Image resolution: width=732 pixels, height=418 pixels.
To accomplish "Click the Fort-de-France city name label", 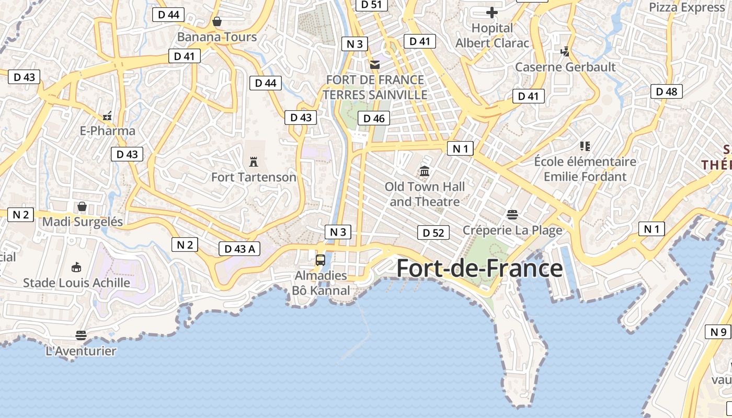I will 479,268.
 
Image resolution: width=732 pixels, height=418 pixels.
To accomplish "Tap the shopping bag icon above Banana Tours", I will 217,21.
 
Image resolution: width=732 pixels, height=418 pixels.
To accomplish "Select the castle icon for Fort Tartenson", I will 254,161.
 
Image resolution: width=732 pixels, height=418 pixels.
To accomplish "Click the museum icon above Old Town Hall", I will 425,171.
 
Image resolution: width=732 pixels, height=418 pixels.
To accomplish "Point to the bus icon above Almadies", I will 321,260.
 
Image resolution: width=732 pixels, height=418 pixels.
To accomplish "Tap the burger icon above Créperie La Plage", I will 512,214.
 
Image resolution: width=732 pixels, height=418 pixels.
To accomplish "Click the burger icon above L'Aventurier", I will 81,335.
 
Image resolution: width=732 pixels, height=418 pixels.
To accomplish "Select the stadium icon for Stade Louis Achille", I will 76,268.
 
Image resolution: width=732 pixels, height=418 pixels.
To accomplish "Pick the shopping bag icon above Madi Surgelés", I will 82,206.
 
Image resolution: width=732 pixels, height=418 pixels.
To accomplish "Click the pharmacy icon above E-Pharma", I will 107,115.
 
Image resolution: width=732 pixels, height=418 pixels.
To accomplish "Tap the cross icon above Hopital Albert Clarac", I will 492,12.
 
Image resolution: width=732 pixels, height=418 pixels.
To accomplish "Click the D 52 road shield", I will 433,233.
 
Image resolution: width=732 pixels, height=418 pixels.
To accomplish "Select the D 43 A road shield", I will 239,249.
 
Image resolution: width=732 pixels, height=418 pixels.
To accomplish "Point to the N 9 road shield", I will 718,332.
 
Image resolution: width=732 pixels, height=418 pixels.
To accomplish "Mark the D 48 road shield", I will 667,91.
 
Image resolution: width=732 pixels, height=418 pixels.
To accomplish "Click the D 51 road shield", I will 372,5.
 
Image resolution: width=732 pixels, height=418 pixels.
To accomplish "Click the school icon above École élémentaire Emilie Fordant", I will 585,146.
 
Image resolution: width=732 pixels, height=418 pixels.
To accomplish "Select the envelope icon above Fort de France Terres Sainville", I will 374,65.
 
